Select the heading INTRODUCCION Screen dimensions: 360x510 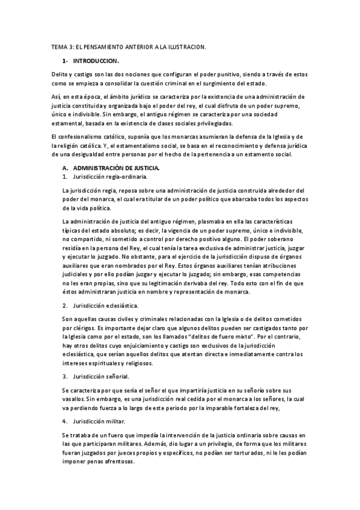coord(96,61)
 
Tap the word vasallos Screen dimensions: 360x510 coord(74,398)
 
